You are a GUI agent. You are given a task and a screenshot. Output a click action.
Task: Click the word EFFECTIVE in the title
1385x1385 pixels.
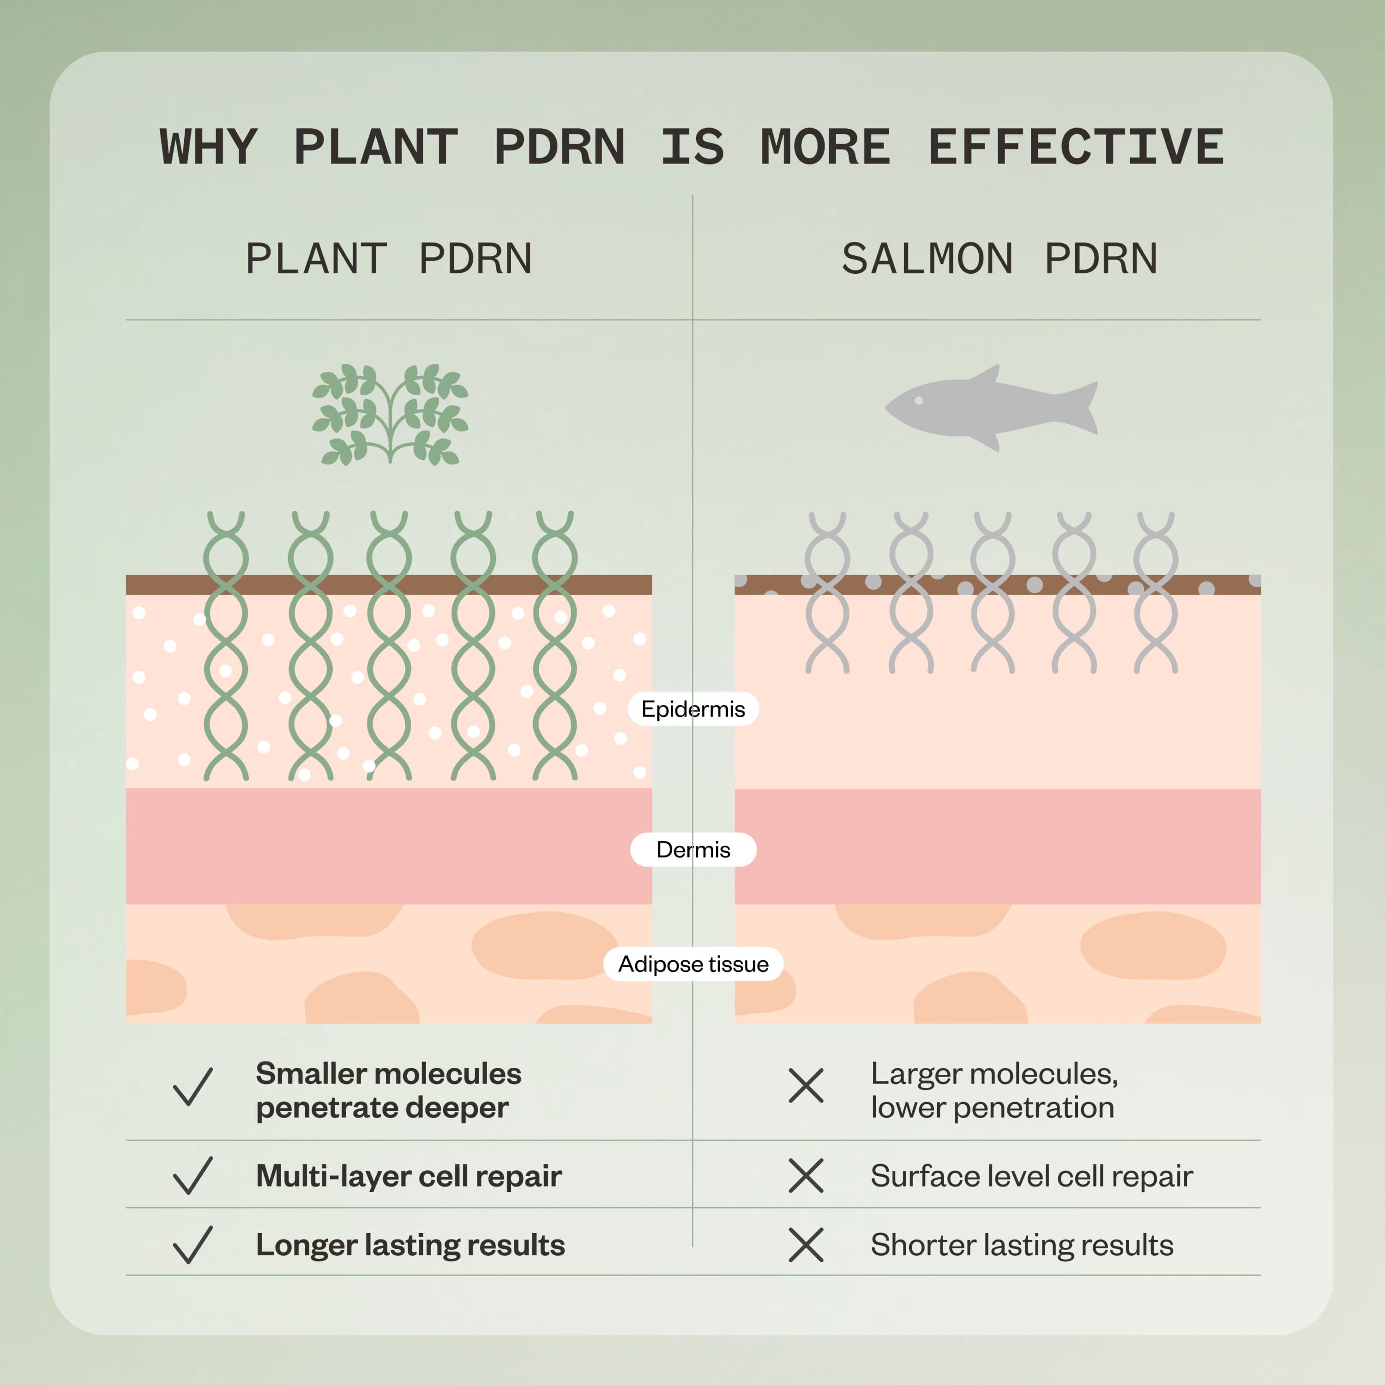pyautogui.click(x=1076, y=147)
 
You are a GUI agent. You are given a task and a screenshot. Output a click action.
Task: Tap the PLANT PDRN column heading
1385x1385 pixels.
pyautogui.click(x=389, y=259)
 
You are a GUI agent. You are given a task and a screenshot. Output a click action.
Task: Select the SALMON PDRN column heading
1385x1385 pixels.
pyautogui.click(x=1000, y=259)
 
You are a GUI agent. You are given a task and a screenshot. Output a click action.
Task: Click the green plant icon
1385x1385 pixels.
pyautogui.click(x=390, y=415)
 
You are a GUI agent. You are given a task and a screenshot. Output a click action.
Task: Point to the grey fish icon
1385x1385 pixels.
pyautogui.click(x=992, y=407)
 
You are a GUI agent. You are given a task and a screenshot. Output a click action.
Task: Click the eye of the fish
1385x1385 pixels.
pyautogui.click(x=919, y=402)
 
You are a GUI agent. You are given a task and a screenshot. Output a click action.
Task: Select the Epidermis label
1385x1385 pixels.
pyautogui.click(x=693, y=709)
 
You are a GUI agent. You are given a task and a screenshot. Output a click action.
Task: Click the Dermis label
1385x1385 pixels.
pyautogui.click(x=693, y=849)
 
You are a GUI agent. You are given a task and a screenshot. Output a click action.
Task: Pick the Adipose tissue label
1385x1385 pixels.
pyautogui.click(x=693, y=964)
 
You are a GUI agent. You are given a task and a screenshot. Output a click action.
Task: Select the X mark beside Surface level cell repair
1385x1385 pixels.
pyautogui.click(x=806, y=1176)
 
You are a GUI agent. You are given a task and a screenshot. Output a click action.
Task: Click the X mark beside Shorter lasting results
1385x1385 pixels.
pyautogui.click(x=806, y=1245)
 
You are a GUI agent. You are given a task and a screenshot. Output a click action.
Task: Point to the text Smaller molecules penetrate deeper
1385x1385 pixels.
pyautogui.click(x=389, y=1090)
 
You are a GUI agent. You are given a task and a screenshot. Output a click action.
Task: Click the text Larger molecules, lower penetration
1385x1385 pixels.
pyautogui.click(x=994, y=1090)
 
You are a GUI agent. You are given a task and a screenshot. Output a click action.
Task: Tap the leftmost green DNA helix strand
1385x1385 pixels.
pyautogui.click(x=226, y=645)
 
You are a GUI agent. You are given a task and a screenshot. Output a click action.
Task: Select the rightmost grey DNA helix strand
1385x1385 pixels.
pyautogui.click(x=1156, y=592)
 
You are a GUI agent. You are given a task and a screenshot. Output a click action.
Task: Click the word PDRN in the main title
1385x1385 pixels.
pyautogui.click(x=559, y=147)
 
